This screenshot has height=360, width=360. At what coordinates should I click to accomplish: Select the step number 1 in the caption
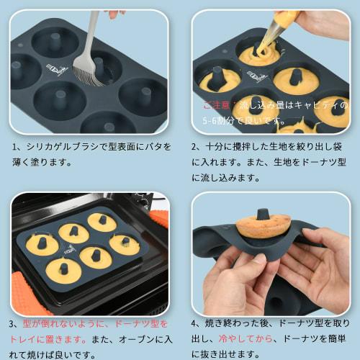point(15,147)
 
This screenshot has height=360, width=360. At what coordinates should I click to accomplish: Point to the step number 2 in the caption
point(195,147)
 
